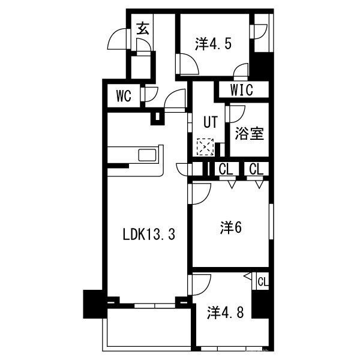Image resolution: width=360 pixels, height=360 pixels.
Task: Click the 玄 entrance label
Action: pyautogui.click(x=143, y=28)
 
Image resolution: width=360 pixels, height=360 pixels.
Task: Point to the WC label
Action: pyautogui.click(x=124, y=95)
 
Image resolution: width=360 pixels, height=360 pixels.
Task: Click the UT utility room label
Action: pyautogui.click(x=209, y=122)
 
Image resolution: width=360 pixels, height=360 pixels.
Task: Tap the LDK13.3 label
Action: pyautogui.click(x=149, y=235)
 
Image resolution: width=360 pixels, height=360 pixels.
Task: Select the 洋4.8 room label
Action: pyautogui.click(x=226, y=313)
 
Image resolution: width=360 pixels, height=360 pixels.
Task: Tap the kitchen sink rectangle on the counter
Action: pyautogui.click(x=148, y=155)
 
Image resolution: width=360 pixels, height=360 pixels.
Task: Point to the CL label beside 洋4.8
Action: pyautogui.click(x=262, y=281)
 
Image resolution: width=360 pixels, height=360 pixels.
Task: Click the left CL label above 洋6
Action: pyautogui.click(x=226, y=170)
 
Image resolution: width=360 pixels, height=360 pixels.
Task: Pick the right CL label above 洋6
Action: pyautogui.click(x=256, y=170)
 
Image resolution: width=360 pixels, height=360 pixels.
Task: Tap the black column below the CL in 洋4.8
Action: pyautogui.click(x=260, y=307)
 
